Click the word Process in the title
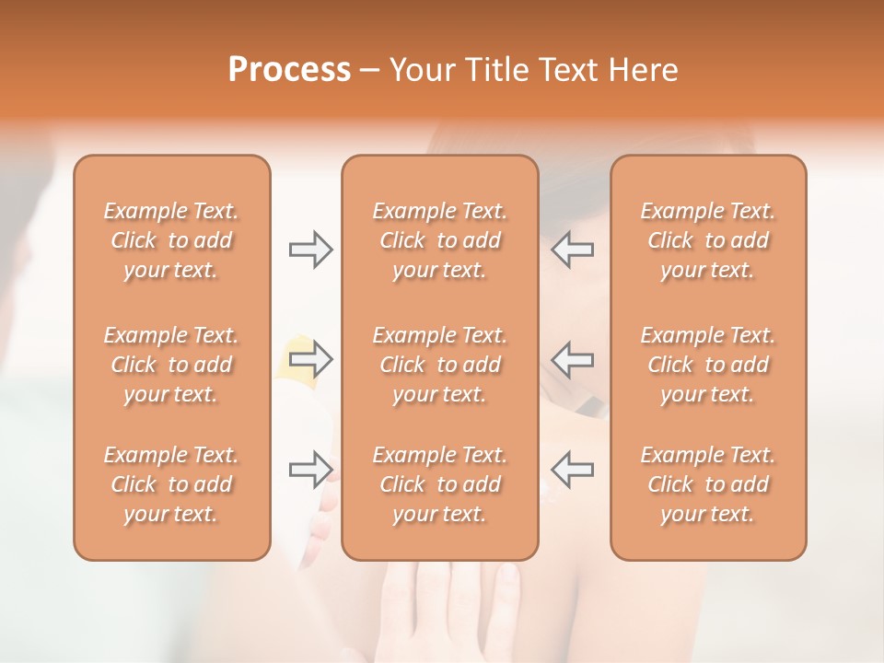(289, 70)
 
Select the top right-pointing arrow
(310, 250)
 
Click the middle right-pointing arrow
(310, 358)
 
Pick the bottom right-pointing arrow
(310, 469)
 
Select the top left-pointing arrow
(573, 250)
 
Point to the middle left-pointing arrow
(573, 358)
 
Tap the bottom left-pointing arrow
(573, 469)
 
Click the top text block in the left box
(171, 240)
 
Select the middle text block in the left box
(171, 365)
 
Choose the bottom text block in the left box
(171, 484)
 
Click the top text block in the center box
(439, 240)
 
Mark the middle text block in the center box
(439, 365)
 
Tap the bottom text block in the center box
(439, 484)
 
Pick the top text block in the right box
(707, 240)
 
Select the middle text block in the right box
(707, 365)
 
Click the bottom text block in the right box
(707, 484)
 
